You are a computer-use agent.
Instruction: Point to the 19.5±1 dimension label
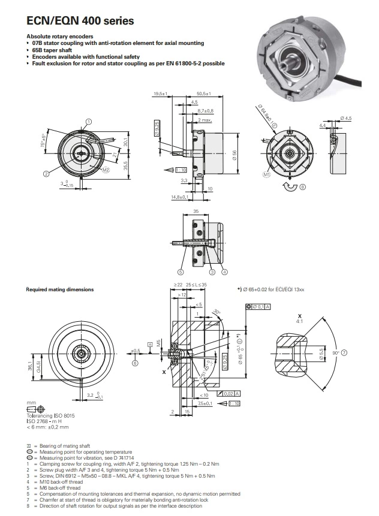click(x=160, y=94)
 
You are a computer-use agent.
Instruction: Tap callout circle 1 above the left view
click(x=89, y=121)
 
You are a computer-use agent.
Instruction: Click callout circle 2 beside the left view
click(x=46, y=174)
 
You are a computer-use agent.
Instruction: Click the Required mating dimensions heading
click(x=59, y=289)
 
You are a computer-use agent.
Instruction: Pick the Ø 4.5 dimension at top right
click(x=345, y=118)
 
